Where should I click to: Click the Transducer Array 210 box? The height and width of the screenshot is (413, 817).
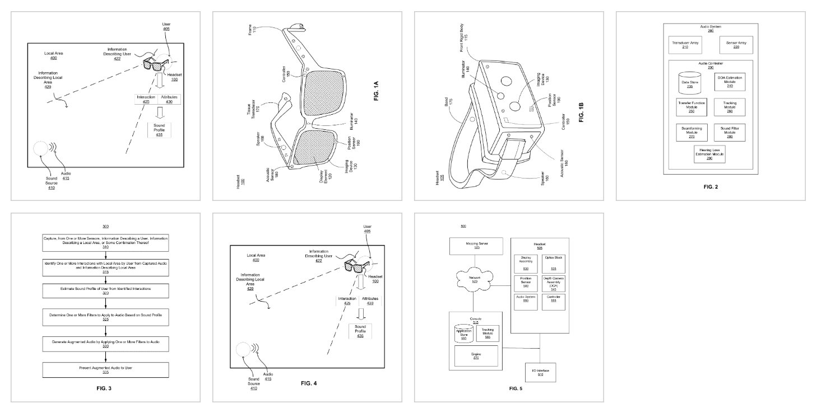click(x=681, y=45)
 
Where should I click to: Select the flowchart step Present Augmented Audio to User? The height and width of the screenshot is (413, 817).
click(x=105, y=370)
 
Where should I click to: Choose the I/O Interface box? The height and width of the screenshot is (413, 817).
click(x=540, y=372)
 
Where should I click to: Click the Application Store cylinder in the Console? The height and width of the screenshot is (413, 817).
click(x=463, y=334)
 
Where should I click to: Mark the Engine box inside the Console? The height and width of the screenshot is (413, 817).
click(x=476, y=356)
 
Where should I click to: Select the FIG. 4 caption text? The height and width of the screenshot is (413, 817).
click(x=309, y=383)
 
